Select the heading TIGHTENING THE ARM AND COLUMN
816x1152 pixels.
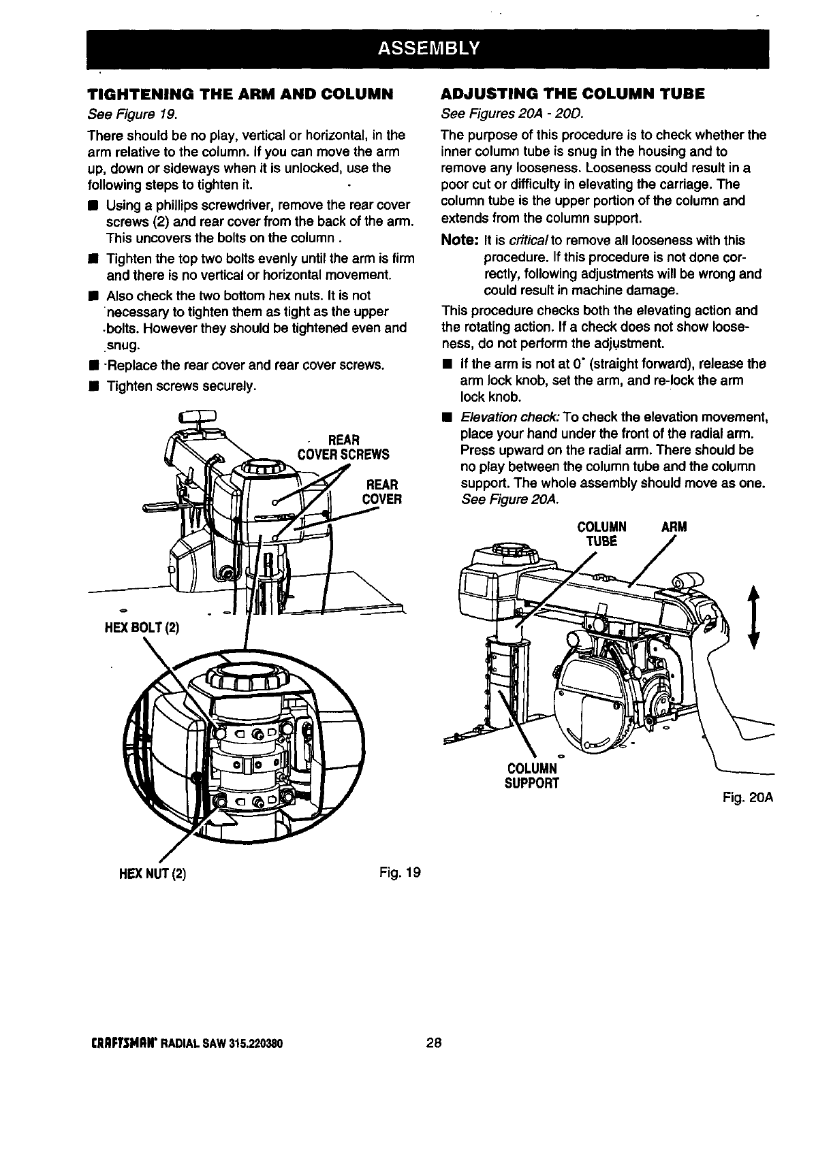point(241,93)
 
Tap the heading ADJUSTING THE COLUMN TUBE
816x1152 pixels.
point(573,93)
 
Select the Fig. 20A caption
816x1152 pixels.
point(749,796)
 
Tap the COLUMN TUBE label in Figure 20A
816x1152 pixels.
point(601,534)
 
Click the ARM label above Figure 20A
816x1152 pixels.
point(674,527)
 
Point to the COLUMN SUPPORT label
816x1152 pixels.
point(532,775)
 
